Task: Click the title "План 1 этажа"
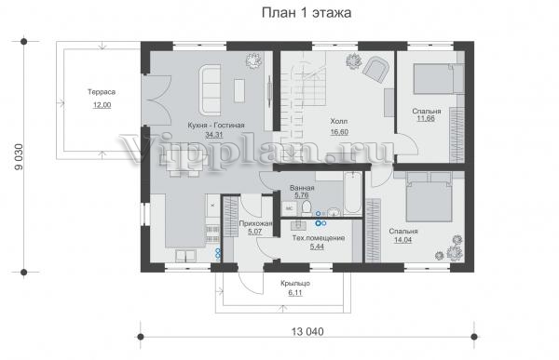(307, 13)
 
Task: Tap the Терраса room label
(102, 92)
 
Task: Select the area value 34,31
(214, 135)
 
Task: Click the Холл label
(339, 122)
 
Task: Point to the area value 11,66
(426, 118)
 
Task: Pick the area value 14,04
(402, 240)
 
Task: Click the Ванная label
(302, 188)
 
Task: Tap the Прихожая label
(255, 224)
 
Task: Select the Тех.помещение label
(319, 238)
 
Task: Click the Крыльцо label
(295, 284)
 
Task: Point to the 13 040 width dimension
(307, 332)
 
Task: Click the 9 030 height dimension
(19, 156)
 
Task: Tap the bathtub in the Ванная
(352, 193)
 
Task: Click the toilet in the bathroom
(307, 208)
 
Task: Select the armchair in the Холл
(375, 69)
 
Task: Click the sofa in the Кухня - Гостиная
(210, 89)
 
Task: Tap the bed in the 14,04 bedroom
(429, 197)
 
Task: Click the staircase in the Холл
(304, 107)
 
